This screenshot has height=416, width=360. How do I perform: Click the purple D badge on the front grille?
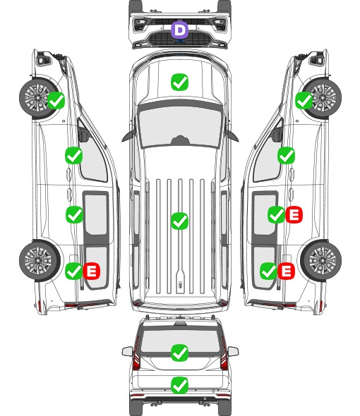tap(179, 30)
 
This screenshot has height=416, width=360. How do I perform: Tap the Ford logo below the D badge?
tap(179, 41)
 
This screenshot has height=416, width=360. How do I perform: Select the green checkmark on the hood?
tap(179, 82)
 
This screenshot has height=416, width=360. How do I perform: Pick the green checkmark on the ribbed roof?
tap(179, 221)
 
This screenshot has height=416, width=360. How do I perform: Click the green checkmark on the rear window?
tap(179, 353)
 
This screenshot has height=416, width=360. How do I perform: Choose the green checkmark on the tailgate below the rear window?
tap(179, 385)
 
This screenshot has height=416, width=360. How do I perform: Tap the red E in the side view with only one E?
tap(92, 271)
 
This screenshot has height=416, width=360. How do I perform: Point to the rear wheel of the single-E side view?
tap(40, 260)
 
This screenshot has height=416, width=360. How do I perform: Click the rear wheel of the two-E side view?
tap(321, 260)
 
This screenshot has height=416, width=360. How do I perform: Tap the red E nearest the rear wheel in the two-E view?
tap(286, 271)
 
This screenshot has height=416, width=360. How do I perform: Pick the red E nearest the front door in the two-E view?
tap(294, 214)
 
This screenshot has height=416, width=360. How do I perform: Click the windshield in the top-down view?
tap(180, 126)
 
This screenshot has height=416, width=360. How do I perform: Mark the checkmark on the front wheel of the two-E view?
tap(304, 101)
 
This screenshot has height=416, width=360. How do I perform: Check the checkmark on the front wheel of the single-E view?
tap(56, 101)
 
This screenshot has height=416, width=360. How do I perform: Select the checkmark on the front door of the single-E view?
tap(74, 155)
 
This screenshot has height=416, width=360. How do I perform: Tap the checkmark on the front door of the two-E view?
tap(286, 155)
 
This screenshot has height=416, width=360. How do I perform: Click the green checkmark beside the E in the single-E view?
tap(74, 271)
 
